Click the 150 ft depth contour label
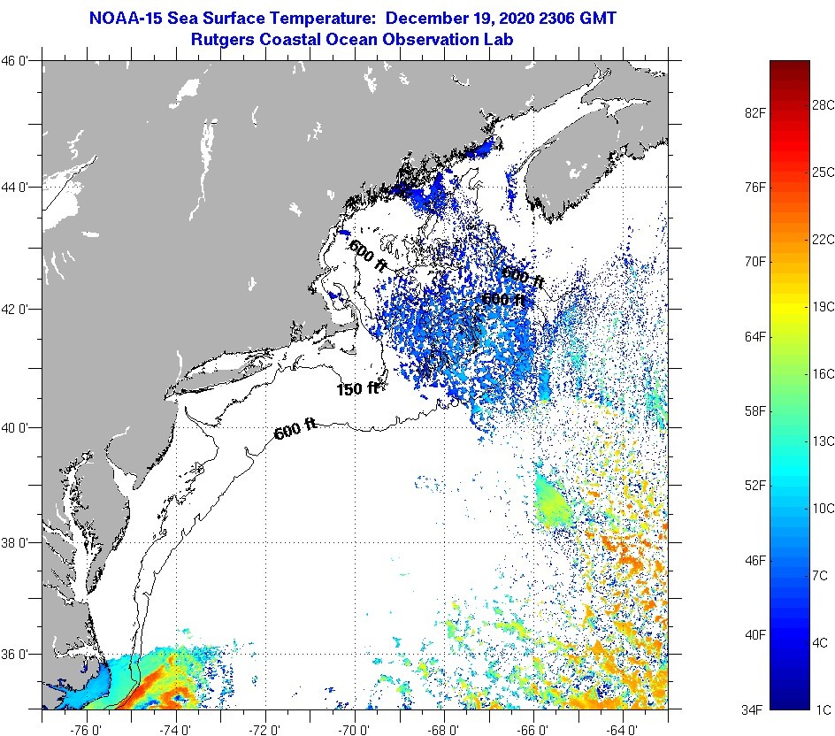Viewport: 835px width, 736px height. (x=357, y=389)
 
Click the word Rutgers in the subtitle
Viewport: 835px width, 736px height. (x=226, y=39)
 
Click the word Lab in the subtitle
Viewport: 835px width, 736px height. (x=497, y=39)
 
